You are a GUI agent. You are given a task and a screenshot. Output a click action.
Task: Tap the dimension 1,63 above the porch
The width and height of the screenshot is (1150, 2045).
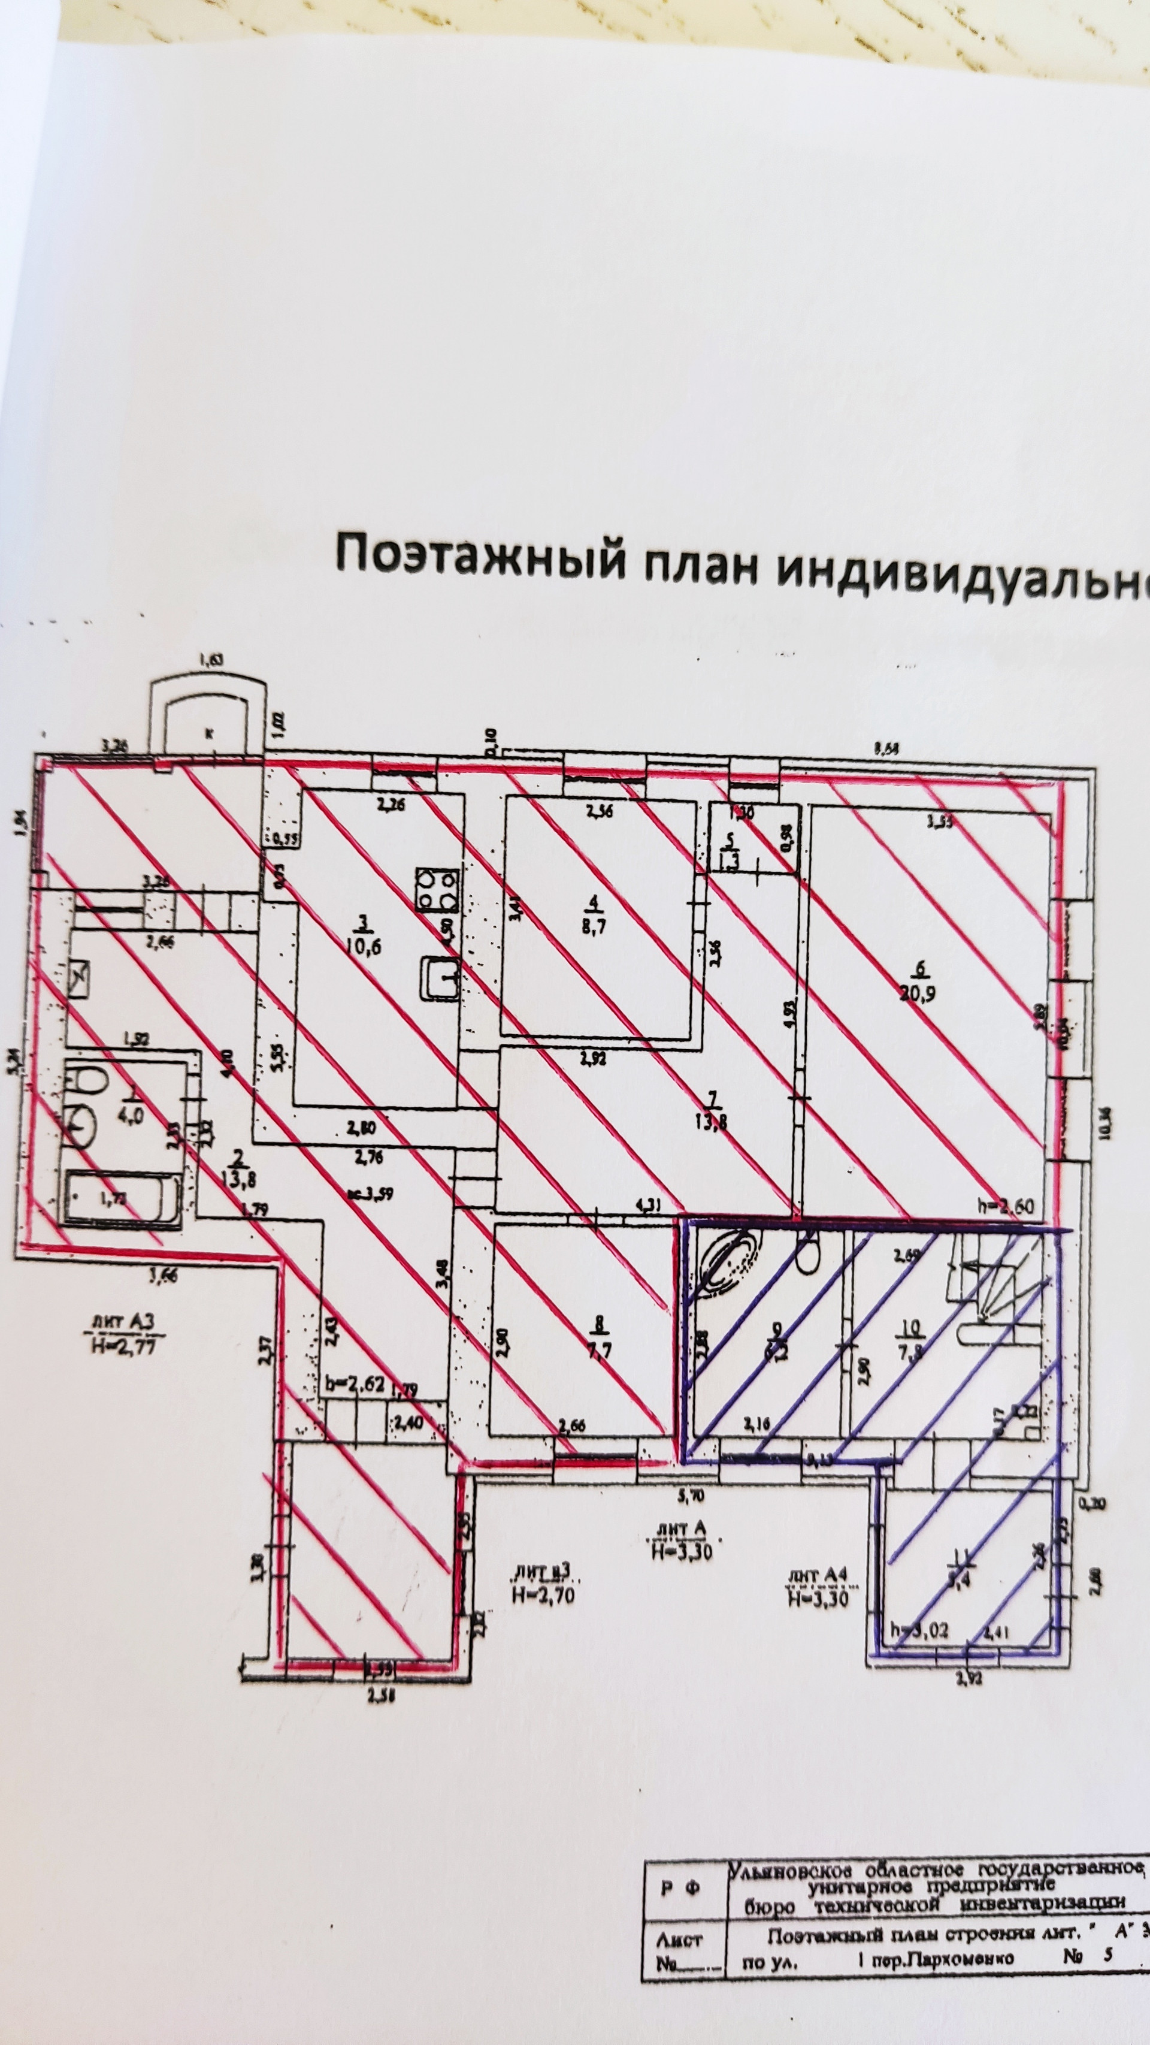tap(210, 658)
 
